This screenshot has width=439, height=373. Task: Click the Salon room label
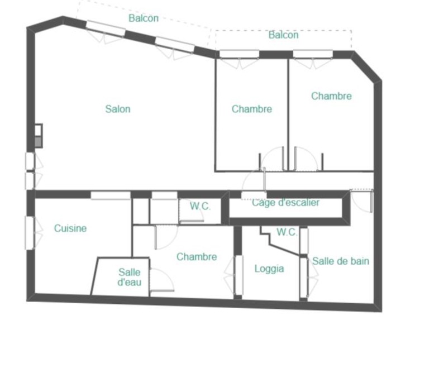tap(118, 109)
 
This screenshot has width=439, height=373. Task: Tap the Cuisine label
tap(70, 228)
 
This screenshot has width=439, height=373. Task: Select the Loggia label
tap(269, 269)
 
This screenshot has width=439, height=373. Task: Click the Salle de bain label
tap(341, 261)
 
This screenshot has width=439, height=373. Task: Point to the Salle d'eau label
tap(130, 277)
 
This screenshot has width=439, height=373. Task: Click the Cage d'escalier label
tap(285, 202)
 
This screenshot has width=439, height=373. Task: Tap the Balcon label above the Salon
tap(144, 18)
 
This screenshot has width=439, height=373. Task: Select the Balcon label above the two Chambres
tap(283, 35)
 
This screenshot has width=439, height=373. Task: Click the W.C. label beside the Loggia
tap(287, 232)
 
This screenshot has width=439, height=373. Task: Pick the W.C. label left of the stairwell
tap(200, 206)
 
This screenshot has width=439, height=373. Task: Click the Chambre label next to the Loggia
tap(197, 257)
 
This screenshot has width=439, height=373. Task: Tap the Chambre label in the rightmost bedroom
tap(331, 96)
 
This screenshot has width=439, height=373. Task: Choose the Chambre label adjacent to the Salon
tap(252, 109)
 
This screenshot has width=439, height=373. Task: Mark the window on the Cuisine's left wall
tap(30, 233)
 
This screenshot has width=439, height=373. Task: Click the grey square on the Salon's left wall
tap(38, 142)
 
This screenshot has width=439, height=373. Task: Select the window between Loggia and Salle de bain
tap(304, 277)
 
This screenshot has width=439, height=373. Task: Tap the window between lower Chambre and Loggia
tap(238, 275)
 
